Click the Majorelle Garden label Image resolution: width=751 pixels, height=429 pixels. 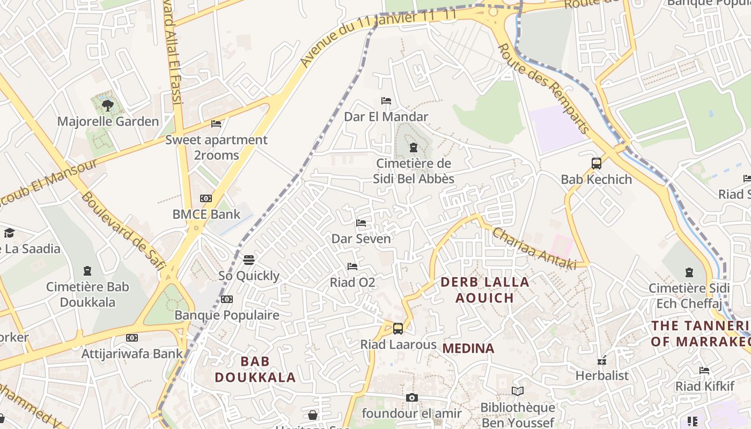pos(108,122)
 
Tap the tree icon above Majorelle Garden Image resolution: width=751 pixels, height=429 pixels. pos(108,105)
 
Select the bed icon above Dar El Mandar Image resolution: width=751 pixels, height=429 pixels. pos(386,101)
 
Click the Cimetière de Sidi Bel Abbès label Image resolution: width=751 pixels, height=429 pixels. pos(414,171)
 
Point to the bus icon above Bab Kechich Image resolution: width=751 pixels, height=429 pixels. pos(596,163)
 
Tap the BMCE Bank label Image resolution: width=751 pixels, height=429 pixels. pos(206,214)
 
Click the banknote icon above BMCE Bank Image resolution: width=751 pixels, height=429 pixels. pos(206,198)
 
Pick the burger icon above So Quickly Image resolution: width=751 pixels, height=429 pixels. pos(248,260)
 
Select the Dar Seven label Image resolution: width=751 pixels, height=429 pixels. pos(361,239)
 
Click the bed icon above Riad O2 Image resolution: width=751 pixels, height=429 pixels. pos(352,267)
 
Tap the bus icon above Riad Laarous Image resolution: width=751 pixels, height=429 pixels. pos(398,329)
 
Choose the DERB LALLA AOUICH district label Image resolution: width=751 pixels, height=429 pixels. pos(485,290)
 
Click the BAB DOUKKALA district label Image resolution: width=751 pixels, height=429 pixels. pos(255,369)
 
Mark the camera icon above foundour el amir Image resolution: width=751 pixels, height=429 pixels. pos(411,397)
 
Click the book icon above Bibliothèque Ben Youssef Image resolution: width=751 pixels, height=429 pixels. pos(517,391)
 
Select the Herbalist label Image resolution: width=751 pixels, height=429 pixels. pos(602,375)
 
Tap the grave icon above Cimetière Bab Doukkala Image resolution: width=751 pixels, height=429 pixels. pos(87,271)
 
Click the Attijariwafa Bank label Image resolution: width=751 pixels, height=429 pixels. pos(132,354)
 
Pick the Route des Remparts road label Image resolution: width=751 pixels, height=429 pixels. pos(544,88)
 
